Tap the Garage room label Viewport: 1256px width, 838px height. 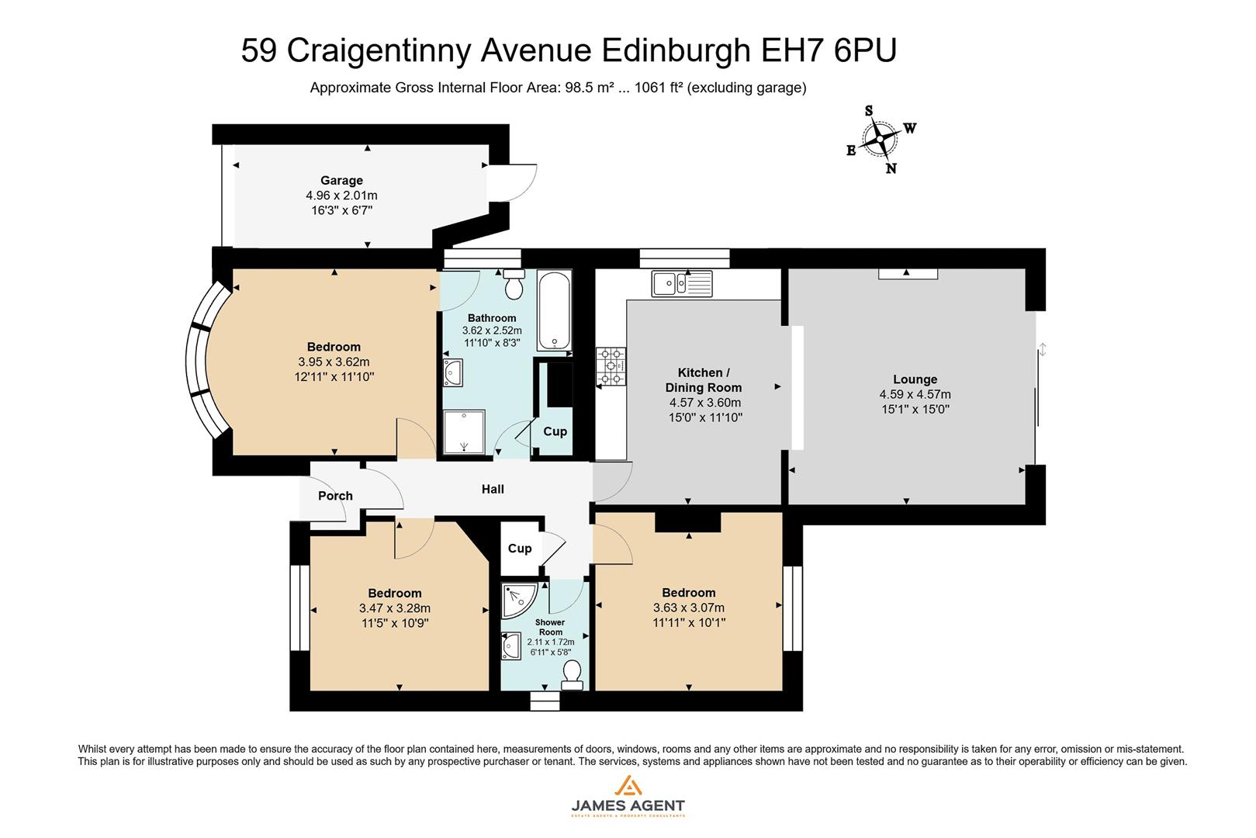(341, 181)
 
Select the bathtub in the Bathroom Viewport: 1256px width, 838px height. (554, 311)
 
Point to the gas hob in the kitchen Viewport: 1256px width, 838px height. (611, 366)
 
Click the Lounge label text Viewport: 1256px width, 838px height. (915, 379)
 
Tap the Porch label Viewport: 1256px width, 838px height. (335, 496)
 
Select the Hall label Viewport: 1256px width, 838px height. (493, 489)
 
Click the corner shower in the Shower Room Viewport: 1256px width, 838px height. (518, 599)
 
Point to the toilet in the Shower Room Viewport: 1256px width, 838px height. (573, 675)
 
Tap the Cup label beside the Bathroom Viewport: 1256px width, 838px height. (555, 431)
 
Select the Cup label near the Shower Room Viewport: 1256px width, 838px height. (520, 549)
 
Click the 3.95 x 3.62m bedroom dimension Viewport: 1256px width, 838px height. (334, 362)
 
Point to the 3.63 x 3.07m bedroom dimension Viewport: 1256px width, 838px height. (689, 608)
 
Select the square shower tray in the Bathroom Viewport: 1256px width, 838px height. (464, 431)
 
